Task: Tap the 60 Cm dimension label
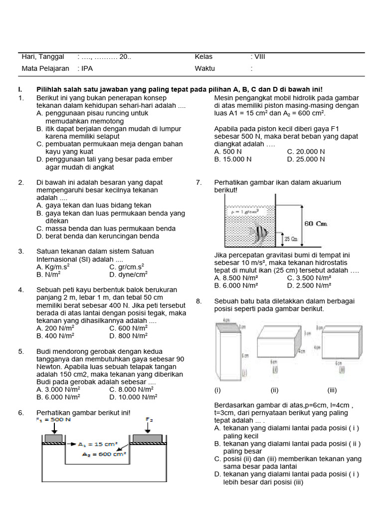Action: click(315, 224)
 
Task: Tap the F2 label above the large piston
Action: click(149, 420)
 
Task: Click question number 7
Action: click(199, 183)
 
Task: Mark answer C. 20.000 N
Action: click(306, 152)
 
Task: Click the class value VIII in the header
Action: click(259, 56)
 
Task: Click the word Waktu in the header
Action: click(204, 69)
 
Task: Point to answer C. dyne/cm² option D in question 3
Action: click(128, 274)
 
